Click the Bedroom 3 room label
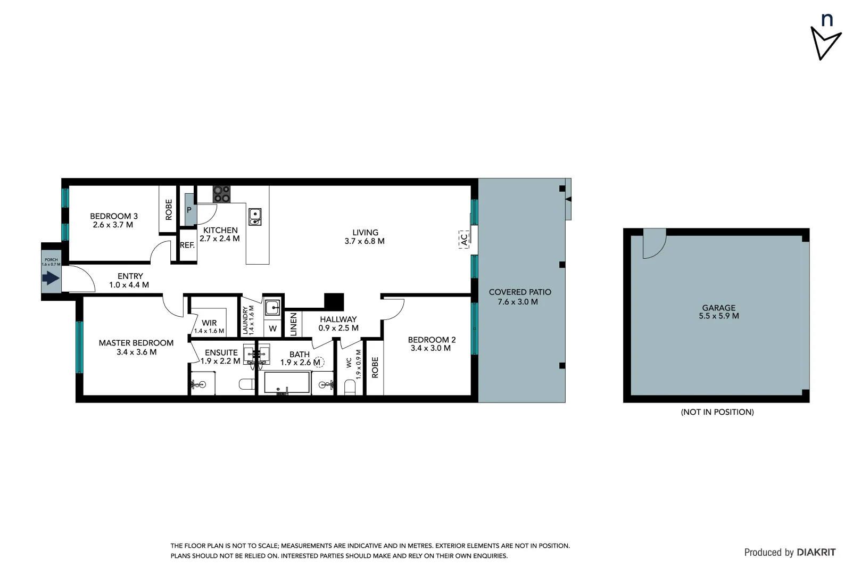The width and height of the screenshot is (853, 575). pyautogui.click(x=113, y=216)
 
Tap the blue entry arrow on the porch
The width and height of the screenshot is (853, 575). pyautogui.click(x=51, y=277)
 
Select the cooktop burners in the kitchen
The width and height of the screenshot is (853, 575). pyautogui.click(x=222, y=194)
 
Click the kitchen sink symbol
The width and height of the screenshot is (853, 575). pyautogui.click(x=255, y=217)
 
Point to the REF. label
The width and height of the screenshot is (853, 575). pyautogui.click(x=187, y=245)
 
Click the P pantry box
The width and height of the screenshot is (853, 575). pyautogui.click(x=189, y=210)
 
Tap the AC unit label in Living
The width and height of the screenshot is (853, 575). pyautogui.click(x=463, y=240)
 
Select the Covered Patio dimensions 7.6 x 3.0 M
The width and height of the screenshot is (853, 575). pyautogui.click(x=517, y=302)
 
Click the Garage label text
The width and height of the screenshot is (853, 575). pyautogui.click(x=718, y=308)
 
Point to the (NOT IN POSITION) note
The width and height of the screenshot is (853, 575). pyautogui.click(x=717, y=412)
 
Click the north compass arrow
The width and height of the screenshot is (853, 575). pyautogui.click(x=824, y=43)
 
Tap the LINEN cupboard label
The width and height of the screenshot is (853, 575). pyautogui.click(x=293, y=324)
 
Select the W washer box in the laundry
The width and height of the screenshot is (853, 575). pyautogui.click(x=273, y=328)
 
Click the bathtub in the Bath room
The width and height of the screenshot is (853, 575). pyautogui.click(x=287, y=383)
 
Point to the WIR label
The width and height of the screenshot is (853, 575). pyautogui.click(x=209, y=323)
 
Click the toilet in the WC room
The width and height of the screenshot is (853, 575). pyautogui.click(x=350, y=387)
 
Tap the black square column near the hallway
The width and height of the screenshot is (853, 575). pyautogui.click(x=334, y=301)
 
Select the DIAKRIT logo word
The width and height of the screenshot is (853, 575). pyautogui.click(x=816, y=553)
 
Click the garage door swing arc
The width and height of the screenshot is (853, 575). pyautogui.click(x=654, y=244)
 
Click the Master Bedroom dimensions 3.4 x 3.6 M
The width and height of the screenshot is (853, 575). pyautogui.click(x=136, y=352)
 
